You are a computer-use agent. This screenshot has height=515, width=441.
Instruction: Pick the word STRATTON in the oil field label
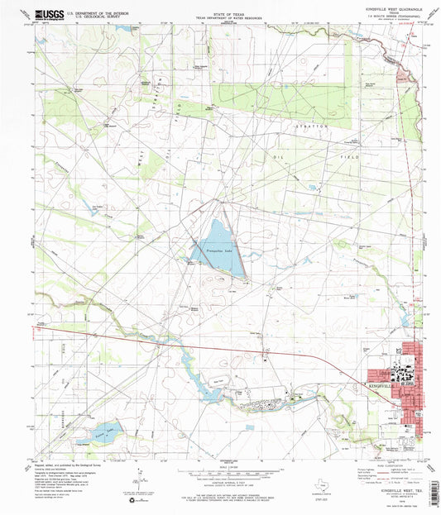click(x=314, y=126)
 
